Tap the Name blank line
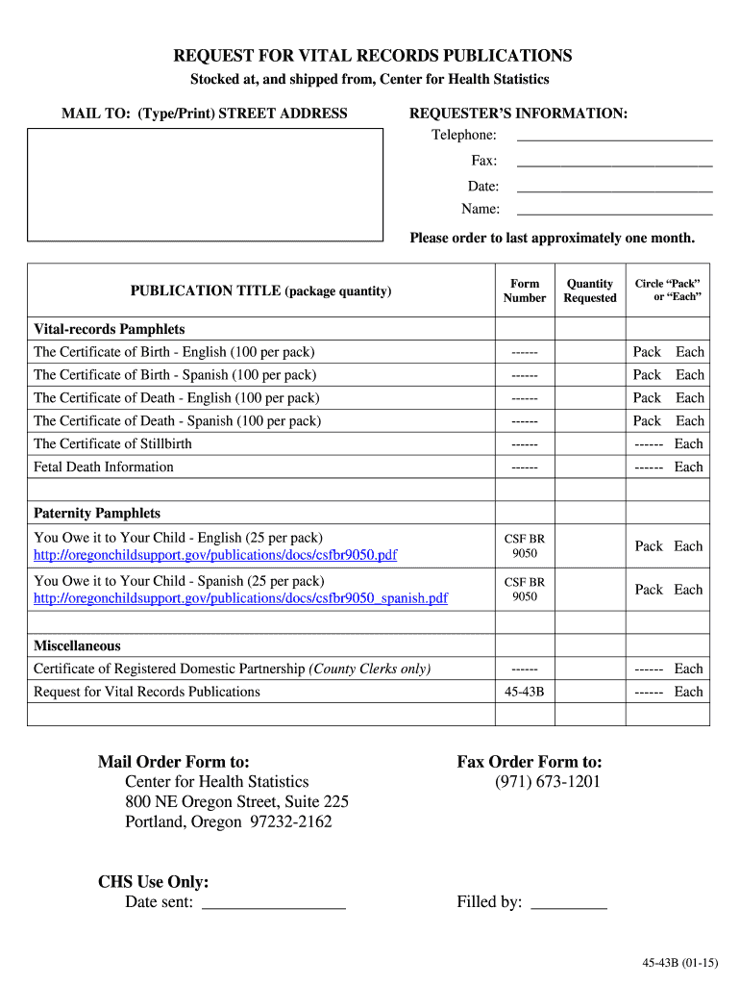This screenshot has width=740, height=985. tap(614, 213)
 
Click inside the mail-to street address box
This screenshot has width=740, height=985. tap(205, 184)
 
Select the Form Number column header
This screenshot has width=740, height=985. tap(525, 290)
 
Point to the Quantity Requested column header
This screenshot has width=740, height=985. tap(590, 290)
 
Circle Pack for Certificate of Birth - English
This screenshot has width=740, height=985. tap(647, 352)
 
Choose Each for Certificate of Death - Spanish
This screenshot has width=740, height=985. tap(689, 421)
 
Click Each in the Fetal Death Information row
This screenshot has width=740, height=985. tap(688, 467)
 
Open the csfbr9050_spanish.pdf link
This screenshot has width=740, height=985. tap(240, 598)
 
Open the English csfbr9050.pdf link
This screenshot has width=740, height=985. tap(215, 555)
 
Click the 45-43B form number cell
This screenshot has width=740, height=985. tap(525, 692)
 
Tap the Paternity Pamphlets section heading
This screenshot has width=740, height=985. tap(97, 514)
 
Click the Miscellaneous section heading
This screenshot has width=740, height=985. tap(77, 646)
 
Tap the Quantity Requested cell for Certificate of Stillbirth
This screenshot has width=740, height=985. tap(590, 444)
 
